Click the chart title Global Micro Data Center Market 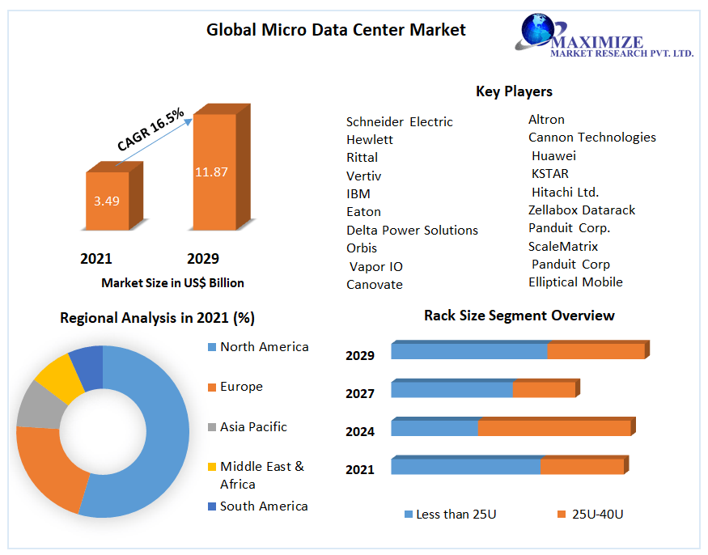pos(336,30)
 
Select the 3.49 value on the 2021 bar pos(106,201)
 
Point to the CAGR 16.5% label pos(151,129)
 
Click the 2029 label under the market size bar pos(202,259)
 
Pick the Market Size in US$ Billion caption pos(172,283)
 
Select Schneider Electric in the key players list pos(399,122)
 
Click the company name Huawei pos(553,155)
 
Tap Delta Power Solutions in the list pos(412,231)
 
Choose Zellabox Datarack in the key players pos(582,210)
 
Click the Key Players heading pos(514,91)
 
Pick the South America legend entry pos(263,506)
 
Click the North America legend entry pos(264,347)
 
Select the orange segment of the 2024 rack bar pos(554,428)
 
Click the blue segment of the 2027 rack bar pos(452,389)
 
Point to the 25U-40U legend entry pos(596,515)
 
